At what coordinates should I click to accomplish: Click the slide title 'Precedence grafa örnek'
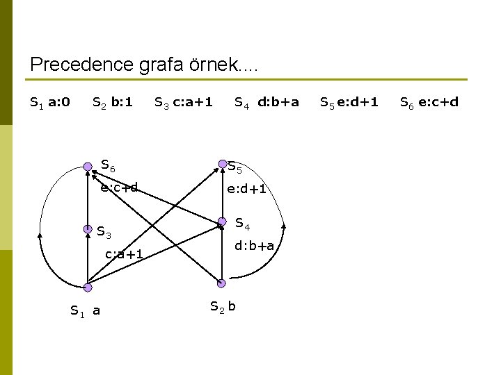pyautogui.click(x=143, y=65)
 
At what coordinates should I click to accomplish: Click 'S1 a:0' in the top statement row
pyautogui.click(x=49, y=103)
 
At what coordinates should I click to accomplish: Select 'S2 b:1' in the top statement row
pyautogui.click(x=112, y=103)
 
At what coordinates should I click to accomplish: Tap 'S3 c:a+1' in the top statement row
pyautogui.click(x=183, y=103)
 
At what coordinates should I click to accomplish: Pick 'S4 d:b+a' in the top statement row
pyautogui.click(x=267, y=103)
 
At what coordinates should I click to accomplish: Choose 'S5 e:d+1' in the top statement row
pyautogui.click(x=349, y=103)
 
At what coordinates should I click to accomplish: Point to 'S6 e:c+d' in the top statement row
pyautogui.click(x=429, y=103)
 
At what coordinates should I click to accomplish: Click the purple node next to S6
pyautogui.click(x=88, y=167)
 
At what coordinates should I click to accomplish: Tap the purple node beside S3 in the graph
pyautogui.click(x=88, y=228)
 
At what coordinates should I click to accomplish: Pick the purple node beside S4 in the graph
pyautogui.click(x=222, y=222)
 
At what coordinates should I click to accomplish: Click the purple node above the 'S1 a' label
pyautogui.click(x=87, y=287)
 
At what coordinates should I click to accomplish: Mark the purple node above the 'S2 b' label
pyautogui.click(x=221, y=283)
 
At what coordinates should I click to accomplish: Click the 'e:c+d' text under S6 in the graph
pyautogui.click(x=119, y=187)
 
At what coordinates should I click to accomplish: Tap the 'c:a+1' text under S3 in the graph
pyautogui.click(x=124, y=254)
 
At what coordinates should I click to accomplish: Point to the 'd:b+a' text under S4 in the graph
pyautogui.click(x=254, y=246)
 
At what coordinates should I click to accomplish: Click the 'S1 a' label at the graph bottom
pyautogui.click(x=86, y=310)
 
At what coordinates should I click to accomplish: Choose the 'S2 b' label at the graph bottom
pyautogui.click(x=223, y=306)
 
